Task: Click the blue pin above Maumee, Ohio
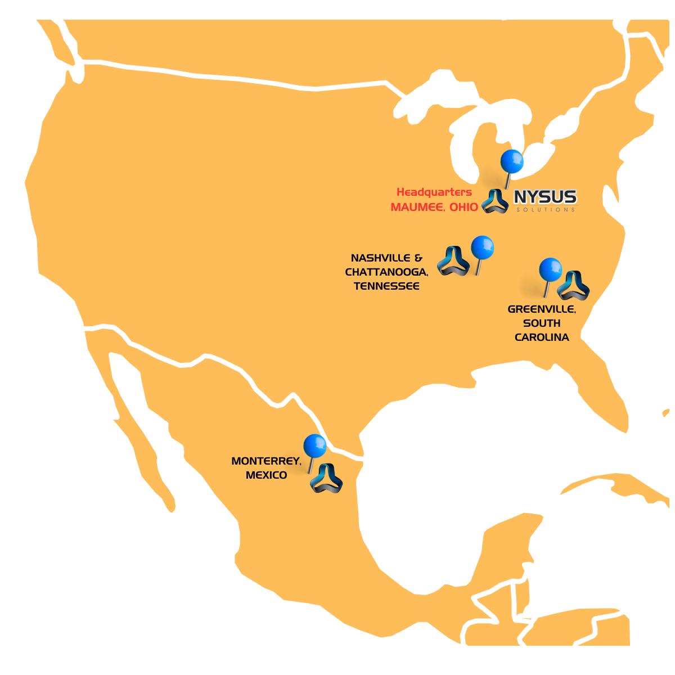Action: tap(512, 161)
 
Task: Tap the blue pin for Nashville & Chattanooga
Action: tap(482, 247)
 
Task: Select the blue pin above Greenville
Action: tap(550, 270)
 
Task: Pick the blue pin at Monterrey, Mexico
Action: tap(315, 447)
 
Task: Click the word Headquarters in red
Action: tap(434, 192)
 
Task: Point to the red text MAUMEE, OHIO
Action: tap(434, 207)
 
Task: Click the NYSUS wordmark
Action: tap(545, 197)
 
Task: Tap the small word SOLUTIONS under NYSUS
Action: tap(545, 210)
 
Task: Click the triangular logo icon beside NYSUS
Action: tap(495, 201)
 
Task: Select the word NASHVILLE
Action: tap(381, 258)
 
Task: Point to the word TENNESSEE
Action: tap(386, 286)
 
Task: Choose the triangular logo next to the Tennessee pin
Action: tap(453, 261)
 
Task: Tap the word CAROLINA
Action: tap(542, 337)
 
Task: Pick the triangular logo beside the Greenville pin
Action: tap(573, 286)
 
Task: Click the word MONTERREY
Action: tap(266, 461)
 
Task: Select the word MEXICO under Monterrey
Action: tap(266, 475)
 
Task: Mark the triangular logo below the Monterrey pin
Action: tap(326, 479)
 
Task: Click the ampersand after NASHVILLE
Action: tap(418, 258)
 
